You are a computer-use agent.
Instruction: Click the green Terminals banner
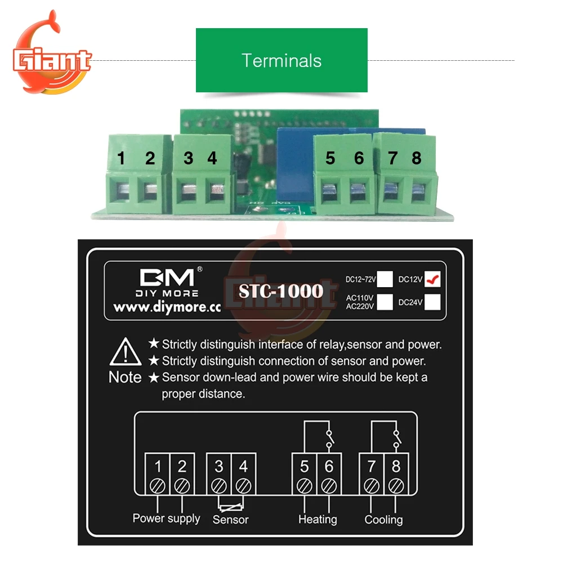coord(281,60)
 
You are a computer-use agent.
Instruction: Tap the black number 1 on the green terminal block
coord(122,159)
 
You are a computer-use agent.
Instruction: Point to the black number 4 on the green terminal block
coord(212,159)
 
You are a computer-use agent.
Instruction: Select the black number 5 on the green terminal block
coord(330,159)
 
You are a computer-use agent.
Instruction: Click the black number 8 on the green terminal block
coord(417,159)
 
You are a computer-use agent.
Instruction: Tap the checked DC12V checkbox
coord(432,279)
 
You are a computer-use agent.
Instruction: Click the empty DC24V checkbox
coord(432,302)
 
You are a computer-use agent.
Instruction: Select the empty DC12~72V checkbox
coord(385,279)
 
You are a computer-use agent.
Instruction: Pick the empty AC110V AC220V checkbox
coord(385,302)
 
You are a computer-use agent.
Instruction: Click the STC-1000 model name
coord(281,291)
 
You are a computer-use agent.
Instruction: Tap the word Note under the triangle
coord(125,378)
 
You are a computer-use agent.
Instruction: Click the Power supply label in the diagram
coord(166,518)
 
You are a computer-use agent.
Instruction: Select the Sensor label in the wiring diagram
coord(230,520)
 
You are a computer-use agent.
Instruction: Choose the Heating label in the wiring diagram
coord(318,520)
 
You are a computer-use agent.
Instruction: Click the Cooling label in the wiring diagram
coord(383,520)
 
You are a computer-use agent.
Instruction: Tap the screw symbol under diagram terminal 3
coord(218,485)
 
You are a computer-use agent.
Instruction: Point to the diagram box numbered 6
coord(329,467)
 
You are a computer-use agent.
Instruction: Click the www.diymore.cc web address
coord(167,308)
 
